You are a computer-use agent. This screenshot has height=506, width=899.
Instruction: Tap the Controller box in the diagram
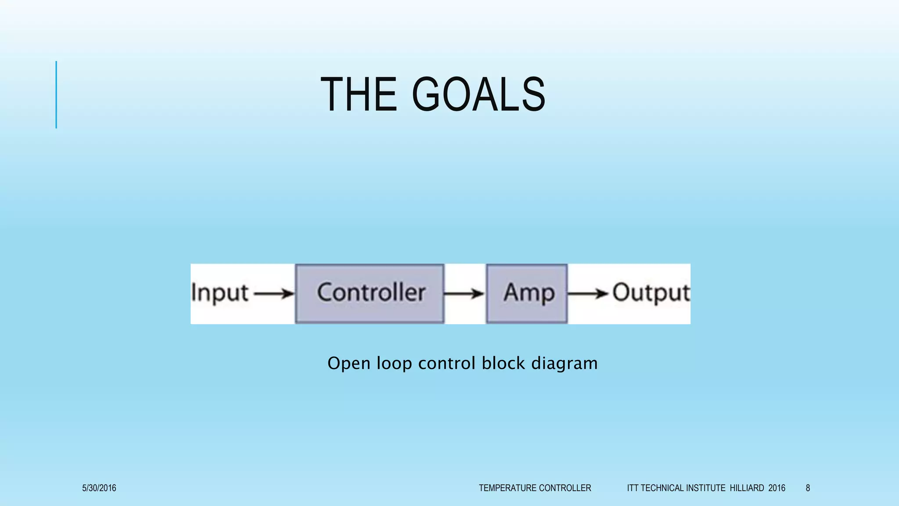(x=370, y=293)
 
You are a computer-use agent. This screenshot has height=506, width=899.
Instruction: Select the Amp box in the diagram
(x=527, y=293)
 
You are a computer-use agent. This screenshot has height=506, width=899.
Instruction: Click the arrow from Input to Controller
(x=274, y=293)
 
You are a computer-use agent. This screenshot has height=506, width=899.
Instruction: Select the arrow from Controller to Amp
(x=464, y=293)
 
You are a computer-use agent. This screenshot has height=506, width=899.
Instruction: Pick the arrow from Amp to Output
(x=588, y=293)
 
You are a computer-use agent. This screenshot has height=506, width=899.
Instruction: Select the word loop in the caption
(x=394, y=364)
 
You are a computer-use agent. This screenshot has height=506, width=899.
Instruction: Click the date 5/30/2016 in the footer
(x=99, y=488)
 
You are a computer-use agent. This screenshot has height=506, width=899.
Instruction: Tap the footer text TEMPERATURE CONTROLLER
(x=535, y=488)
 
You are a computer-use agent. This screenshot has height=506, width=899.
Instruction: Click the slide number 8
(x=808, y=488)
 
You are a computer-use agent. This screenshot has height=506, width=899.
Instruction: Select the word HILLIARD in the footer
(x=747, y=488)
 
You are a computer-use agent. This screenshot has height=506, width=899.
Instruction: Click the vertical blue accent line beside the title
(x=56, y=94)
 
